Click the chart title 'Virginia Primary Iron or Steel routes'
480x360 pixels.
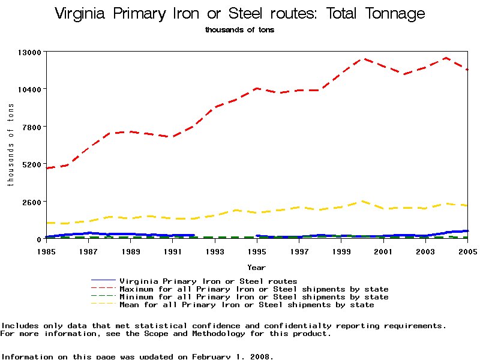pos(240,14)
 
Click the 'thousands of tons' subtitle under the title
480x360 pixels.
pos(239,29)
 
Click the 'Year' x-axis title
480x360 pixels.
pos(256,268)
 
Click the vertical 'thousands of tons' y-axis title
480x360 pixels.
pos(10,144)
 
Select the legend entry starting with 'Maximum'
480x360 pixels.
pos(254,289)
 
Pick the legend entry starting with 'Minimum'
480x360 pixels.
pos(254,297)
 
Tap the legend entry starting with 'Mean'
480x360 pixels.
pos(247,305)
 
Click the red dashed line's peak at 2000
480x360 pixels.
pos(362,59)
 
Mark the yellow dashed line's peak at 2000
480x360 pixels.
pos(362,202)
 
